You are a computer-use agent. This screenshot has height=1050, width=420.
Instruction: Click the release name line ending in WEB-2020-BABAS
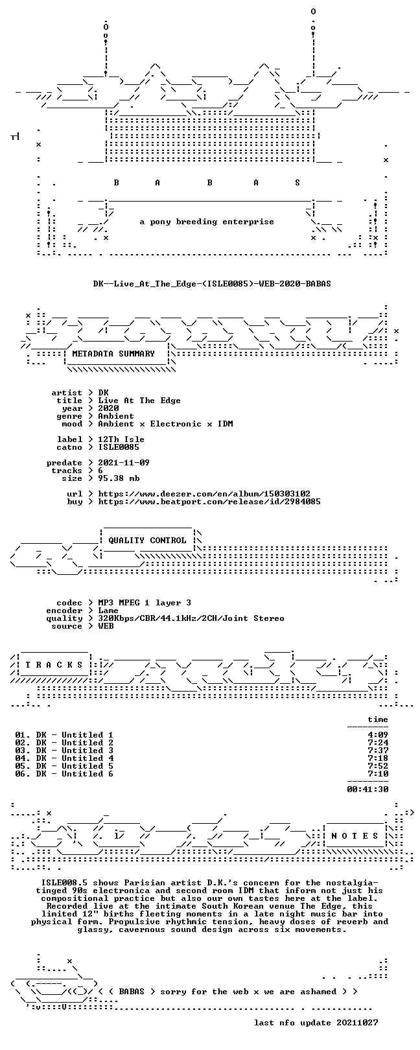212,284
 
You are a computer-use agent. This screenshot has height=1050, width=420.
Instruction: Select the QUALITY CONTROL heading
147,541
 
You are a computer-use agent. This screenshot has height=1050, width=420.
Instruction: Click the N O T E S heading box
355,835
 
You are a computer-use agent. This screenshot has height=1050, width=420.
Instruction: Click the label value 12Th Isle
121,439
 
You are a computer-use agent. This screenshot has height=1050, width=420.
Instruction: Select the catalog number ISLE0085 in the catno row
119,447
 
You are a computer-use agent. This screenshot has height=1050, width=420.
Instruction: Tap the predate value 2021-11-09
124,463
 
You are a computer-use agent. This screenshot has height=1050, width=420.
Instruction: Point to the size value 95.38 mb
119,478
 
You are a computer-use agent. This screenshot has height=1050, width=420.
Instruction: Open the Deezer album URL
204,494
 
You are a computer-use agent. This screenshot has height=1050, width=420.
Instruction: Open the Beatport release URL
209,502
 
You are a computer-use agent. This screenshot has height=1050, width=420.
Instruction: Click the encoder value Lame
108,611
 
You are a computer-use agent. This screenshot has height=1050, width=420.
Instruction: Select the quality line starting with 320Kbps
191,618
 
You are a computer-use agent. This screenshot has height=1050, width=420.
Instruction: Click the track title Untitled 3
87,751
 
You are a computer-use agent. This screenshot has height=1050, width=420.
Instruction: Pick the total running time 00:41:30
367,789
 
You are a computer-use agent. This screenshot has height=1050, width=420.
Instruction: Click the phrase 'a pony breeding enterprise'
207,222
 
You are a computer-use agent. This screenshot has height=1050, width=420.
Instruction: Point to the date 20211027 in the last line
357,1023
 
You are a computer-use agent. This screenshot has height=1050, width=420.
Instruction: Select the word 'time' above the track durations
378,719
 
